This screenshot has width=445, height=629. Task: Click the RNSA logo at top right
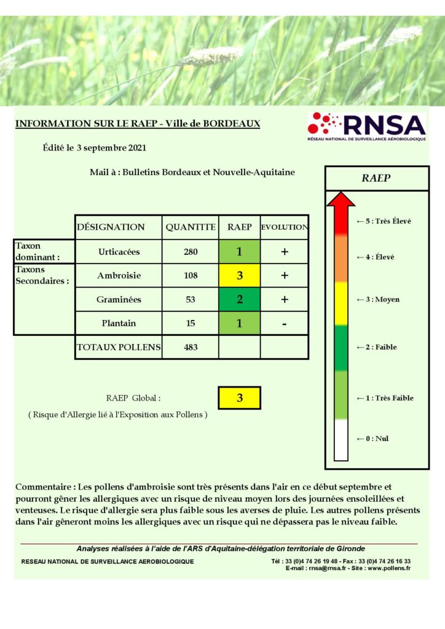(x=366, y=127)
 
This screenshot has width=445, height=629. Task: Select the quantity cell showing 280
(x=191, y=252)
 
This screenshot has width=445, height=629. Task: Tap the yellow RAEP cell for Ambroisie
(x=239, y=276)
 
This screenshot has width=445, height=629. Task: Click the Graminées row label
(x=119, y=300)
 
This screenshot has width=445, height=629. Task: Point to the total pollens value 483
(x=191, y=347)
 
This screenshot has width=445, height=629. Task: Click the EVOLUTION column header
(x=284, y=227)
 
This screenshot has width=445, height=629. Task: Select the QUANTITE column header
(x=191, y=227)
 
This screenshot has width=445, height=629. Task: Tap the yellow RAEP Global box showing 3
(x=240, y=398)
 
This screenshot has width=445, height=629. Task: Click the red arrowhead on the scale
(x=341, y=200)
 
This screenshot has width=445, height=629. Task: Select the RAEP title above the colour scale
(x=376, y=179)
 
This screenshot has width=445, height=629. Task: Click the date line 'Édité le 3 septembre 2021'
(x=95, y=148)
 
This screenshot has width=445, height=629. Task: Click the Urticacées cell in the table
(x=119, y=252)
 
